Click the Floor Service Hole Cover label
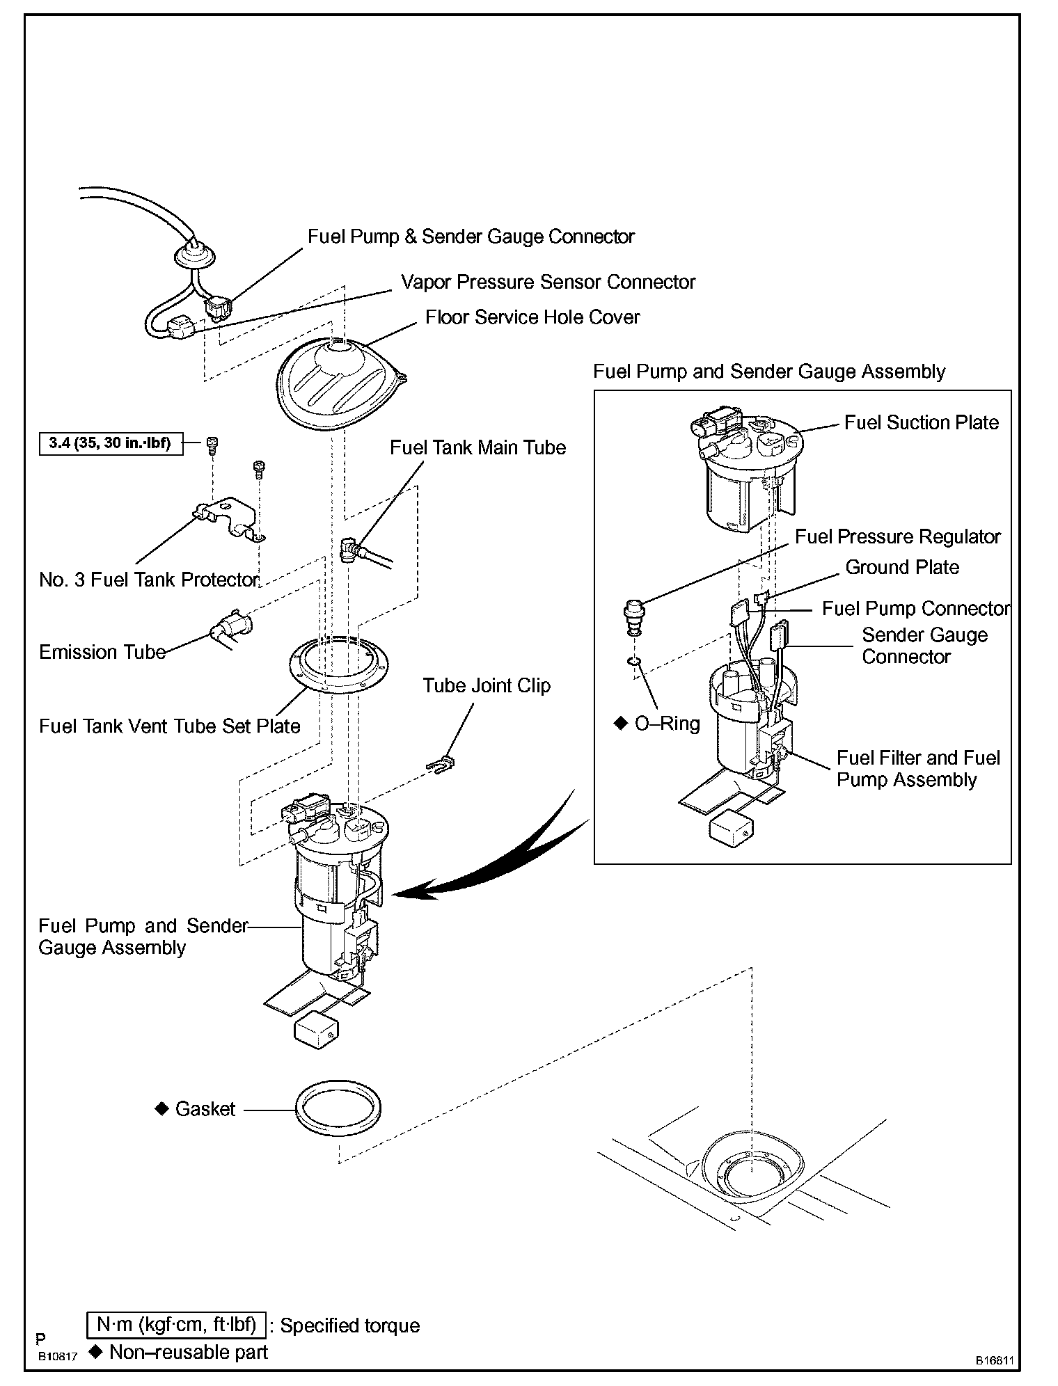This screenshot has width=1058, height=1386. click(x=532, y=318)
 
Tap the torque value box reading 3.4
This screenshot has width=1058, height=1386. click(x=111, y=443)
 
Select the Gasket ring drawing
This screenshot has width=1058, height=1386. click(x=338, y=1109)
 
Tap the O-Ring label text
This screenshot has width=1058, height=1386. click(x=667, y=724)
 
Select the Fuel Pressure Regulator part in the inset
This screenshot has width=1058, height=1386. click(x=634, y=615)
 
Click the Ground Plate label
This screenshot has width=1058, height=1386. click(x=902, y=568)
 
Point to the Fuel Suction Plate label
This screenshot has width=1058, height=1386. click(x=921, y=422)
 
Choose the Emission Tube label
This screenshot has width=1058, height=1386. click(x=102, y=653)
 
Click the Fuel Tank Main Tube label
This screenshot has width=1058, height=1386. click(x=478, y=447)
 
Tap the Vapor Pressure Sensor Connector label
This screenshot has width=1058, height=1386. click(x=548, y=282)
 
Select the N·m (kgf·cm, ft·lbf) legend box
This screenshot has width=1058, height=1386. click(x=176, y=1325)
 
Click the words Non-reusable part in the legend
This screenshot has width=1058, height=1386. click(x=189, y=1352)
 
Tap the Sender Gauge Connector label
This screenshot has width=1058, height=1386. click(x=924, y=646)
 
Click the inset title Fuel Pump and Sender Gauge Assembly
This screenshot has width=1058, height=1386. click(x=769, y=372)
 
